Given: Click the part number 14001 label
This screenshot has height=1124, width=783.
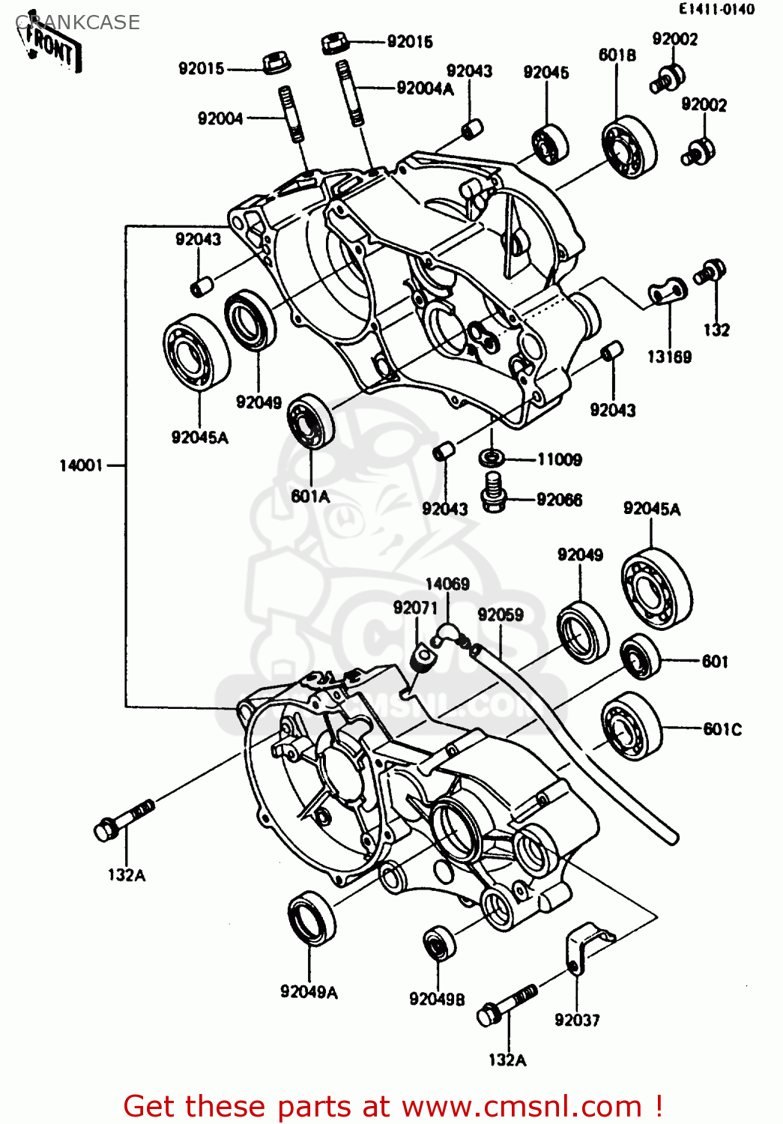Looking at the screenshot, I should tap(81, 466).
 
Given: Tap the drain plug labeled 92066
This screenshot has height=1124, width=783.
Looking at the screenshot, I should tap(492, 493).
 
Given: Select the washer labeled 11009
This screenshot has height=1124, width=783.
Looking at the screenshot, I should tap(491, 456).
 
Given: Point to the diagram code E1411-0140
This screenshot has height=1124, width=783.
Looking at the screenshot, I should tap(716, 10).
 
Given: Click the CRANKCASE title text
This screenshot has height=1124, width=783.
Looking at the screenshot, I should tap(78, 22).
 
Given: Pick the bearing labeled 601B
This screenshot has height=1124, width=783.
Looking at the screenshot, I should tap(629, 148).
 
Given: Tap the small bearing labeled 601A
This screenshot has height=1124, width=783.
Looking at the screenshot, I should tap(311, 420).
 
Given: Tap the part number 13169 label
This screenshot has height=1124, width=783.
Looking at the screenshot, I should tap(669, 357).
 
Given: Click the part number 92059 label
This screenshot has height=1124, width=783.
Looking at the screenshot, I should tap(501, 615).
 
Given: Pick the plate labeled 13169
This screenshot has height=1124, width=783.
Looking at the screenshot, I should tap(666, 291).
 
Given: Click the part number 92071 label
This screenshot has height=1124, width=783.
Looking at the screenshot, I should tap(414, 608).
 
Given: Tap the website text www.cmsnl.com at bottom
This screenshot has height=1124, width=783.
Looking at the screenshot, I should tap(522, 1106).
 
